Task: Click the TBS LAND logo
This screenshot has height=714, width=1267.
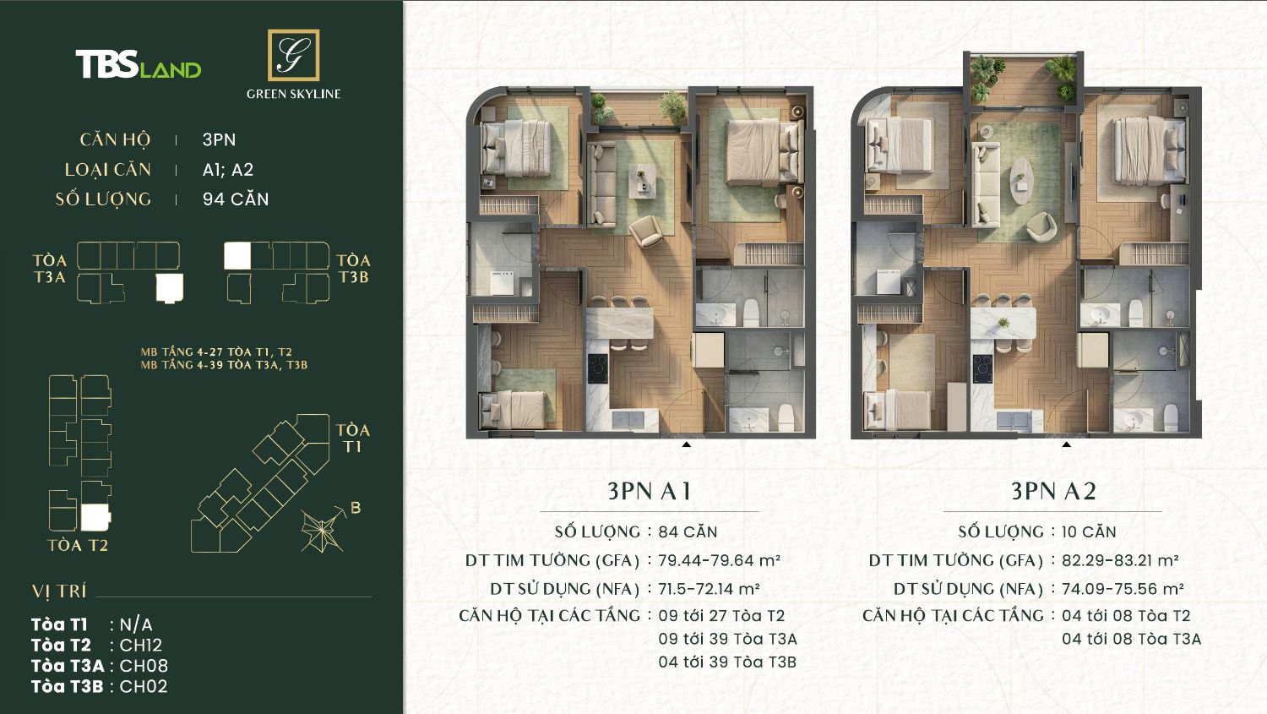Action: pyautogui.click(x=139, y=64)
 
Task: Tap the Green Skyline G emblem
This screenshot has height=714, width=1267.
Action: pyautogui.click(x=294, y=55)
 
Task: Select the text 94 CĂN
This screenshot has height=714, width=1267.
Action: pyautogui.click(x=236, y=199)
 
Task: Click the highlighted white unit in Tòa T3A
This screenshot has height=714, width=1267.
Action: pyautogui.click(x=170, y=288)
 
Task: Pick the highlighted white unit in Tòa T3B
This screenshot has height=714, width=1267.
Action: pyautogui.click(x=237, y=256)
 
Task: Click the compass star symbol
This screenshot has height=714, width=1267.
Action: pyautogui.click(x=322, y=531)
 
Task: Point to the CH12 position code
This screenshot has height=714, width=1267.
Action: pyautogui.click(x=141, y=645)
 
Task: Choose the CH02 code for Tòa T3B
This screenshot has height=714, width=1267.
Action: pyautogui.click(x=144, y=686)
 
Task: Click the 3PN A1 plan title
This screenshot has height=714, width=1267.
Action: pyautogui.click(x=650, y=491)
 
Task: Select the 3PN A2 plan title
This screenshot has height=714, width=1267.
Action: pyautogui.click(x=1053, y=491)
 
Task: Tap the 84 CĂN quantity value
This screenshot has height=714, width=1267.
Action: pyautogui.click(x=688, y=531)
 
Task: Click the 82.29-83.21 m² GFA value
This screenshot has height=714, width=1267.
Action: pyautogui.click(x=1120, y=560)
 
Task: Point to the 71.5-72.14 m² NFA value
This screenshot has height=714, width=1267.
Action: pyautogui.click(x=709, y=589)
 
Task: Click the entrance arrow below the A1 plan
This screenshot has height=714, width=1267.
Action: pyautogui.click(x=686, y=444)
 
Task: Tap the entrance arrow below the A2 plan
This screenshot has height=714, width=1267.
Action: pyautogui.click(x=1066, y=444)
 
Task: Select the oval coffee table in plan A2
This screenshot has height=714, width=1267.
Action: pyautogui.click(x=1021, y=181)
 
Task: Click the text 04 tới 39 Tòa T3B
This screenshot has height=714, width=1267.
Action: pyautogui.click(x=727, y=662)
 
